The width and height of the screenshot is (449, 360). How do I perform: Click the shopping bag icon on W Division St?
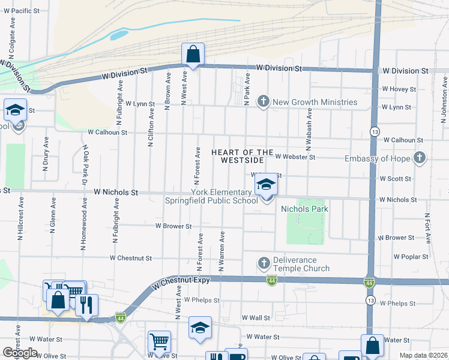[193, 55]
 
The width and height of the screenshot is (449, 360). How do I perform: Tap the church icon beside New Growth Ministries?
[263, 102]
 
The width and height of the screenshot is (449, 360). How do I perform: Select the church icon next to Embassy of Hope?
[420, 158]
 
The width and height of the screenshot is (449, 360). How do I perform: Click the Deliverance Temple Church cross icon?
[263, 263]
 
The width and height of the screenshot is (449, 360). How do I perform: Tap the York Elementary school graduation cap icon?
[265, 185]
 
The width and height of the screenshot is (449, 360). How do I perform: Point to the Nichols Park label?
[304, 209]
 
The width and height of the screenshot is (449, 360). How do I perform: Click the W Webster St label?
[295, 157]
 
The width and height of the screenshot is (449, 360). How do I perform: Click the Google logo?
[20, 353]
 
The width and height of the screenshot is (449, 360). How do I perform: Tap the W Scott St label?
[396, 179]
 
